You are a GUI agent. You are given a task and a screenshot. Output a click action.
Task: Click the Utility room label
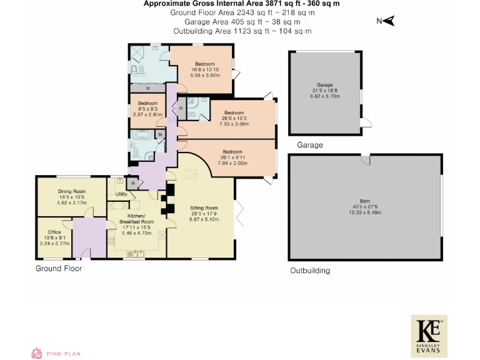pyautogui.click(x=122, y=194)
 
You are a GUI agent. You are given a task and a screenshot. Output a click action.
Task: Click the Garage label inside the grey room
pyautogui.click(x=324, y=84)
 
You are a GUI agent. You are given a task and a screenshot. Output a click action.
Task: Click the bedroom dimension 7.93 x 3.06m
pyautogui.click(x=234, y=124)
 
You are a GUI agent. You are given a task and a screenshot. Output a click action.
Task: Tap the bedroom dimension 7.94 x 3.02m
pyautogui.click(x=232, y=163)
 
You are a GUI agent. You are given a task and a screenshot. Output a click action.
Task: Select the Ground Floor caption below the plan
pyautogui.click(x=58, y=269)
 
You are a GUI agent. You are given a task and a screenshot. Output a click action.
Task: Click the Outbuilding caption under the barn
pyautogui.click(x=310, y=271)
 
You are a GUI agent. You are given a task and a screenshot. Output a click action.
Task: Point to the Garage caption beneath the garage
pyautogui.click(x=310, y=145)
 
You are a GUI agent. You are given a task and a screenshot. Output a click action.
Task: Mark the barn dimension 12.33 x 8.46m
pyautogui.click(x=365, y=213)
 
